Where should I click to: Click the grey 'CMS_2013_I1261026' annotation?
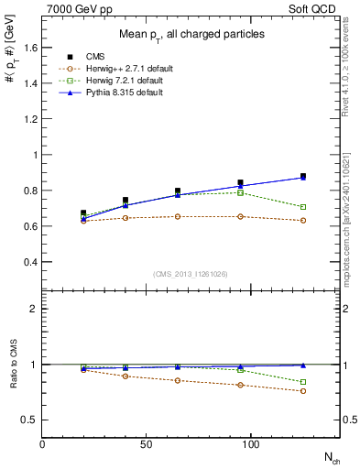tap(191, 274)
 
